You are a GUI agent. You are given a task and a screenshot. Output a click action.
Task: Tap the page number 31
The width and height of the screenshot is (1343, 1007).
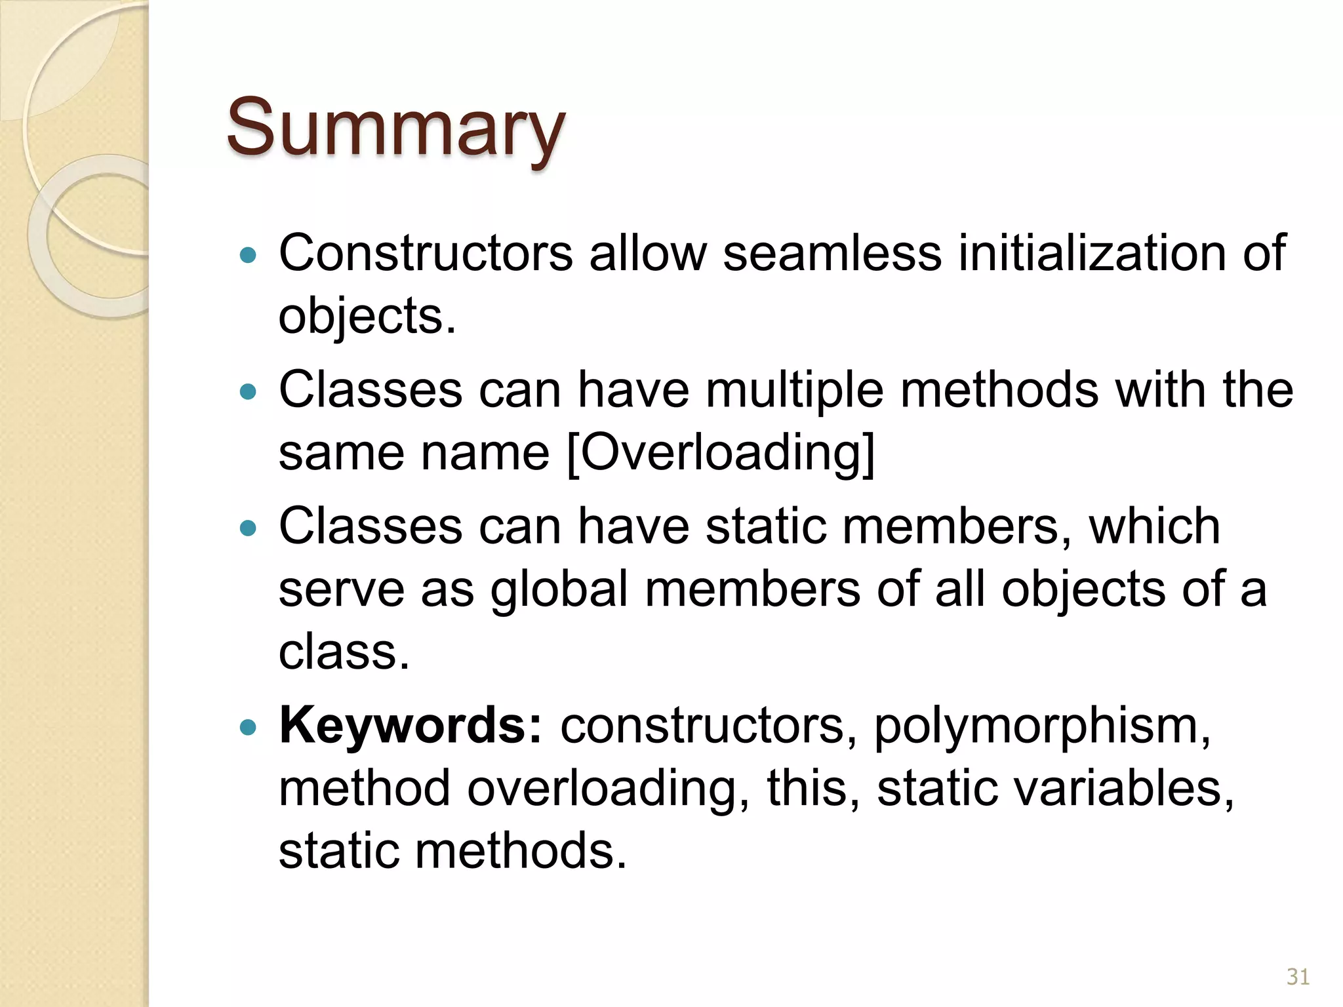(x=1298, y=977)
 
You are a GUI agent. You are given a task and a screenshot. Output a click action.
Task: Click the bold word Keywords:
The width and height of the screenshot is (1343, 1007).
(x=411, y=726)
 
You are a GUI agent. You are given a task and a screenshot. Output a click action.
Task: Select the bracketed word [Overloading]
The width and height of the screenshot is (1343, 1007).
(x=721, y=453)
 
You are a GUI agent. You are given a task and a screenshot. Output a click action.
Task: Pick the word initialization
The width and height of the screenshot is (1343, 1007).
(x=1092, y=253)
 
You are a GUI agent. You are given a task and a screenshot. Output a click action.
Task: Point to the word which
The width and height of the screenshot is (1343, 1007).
(x=1154, y=526)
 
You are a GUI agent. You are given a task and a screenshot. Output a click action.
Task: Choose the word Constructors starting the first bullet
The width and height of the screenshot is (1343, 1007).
(x=426, y=253)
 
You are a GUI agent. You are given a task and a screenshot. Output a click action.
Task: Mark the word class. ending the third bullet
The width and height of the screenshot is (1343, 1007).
(x=344, y=652)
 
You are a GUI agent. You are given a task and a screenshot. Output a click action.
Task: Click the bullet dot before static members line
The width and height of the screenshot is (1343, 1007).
(x=248, y=528)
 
